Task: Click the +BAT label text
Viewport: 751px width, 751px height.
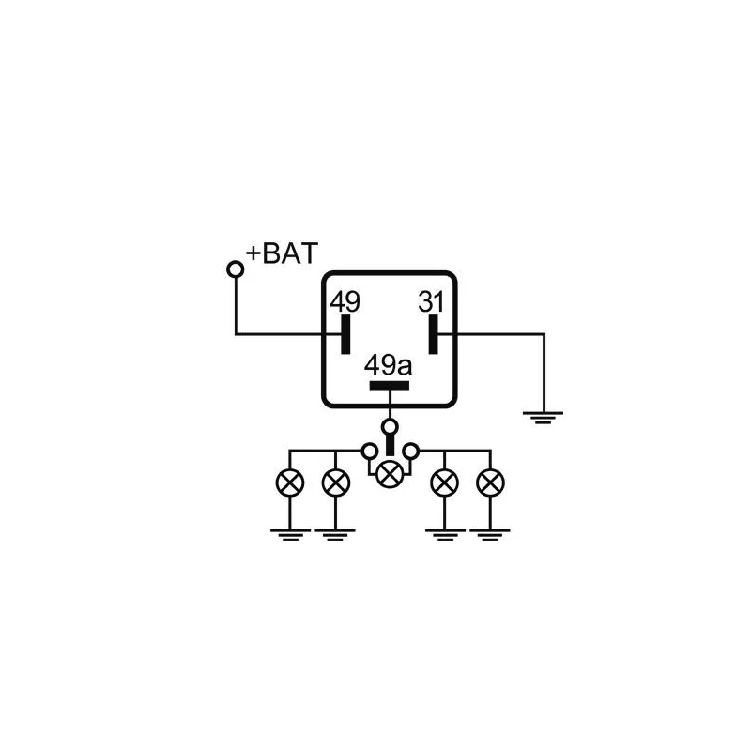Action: (x=282, y=253)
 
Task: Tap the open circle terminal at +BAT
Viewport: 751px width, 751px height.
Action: (x=236, y=269)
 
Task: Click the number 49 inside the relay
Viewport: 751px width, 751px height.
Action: (x=345, y=302)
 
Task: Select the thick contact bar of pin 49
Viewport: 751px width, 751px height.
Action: (x=345, y=334)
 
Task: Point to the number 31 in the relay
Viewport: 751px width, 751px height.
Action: (x=432, y=302)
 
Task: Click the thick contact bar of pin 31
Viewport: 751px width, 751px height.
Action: (x=433, y=334)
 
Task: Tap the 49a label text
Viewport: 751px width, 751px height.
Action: (x=389, y=364)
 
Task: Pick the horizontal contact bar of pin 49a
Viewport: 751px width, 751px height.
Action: (x=389, y=385)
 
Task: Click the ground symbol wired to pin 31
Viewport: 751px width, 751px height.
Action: (x=543, y=416)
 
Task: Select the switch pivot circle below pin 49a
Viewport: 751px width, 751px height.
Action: (x=390, y=427)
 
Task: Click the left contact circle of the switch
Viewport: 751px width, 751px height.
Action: (x=369, y=452)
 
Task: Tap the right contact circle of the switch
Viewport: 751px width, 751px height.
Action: (x=410, y=452)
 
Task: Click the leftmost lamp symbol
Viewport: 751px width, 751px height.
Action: (x=289, y=483)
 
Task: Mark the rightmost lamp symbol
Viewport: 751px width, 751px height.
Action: (x=490, y=483)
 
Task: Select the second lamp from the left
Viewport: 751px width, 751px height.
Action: (x=335, y=483)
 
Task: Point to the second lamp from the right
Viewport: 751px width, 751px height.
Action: (x=444, y=483)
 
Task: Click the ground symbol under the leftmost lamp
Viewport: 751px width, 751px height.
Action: (x=289, y=534)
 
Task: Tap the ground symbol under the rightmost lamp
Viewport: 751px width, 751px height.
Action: (x=490, y=534)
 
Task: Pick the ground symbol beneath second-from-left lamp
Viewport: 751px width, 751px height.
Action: (x=335, y=534)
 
